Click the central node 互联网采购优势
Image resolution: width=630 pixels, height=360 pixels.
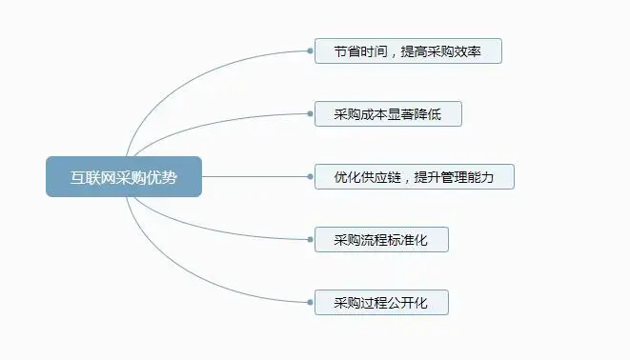tap(124, 177)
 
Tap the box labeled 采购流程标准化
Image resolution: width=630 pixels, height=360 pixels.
tap(381, 240)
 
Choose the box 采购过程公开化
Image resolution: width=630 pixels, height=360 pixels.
tap(381, 303)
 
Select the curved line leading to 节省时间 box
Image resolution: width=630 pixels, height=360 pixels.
tap(191, 71)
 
